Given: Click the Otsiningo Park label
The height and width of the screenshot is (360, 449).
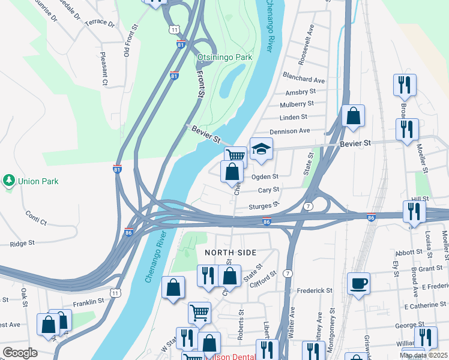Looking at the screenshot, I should [x=224, y=57].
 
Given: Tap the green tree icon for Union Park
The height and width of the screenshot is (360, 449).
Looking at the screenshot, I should [x=9, y=180].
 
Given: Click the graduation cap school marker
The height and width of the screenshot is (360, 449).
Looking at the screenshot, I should [x=261, y=149].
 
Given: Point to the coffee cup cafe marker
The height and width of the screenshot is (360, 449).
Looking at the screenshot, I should [x=358, y=283].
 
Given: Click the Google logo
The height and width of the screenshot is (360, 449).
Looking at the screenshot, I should [x=20, y=353].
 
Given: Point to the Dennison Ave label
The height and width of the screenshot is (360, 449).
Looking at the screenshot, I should [x=289, y=131].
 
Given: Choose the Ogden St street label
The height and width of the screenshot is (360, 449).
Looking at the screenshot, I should [x=265, y=177].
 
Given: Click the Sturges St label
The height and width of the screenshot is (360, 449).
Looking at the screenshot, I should [x=264, y=205].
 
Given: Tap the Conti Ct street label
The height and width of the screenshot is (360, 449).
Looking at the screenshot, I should [x=36, y=217].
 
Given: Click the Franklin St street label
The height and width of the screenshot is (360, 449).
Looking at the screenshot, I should [x=89, y=303].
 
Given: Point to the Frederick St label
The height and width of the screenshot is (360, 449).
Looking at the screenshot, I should [x=315, y=290].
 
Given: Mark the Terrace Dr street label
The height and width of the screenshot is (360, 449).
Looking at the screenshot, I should [x=100, y=23].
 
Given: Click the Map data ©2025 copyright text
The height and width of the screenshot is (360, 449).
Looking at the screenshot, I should [x=424, y=356].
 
